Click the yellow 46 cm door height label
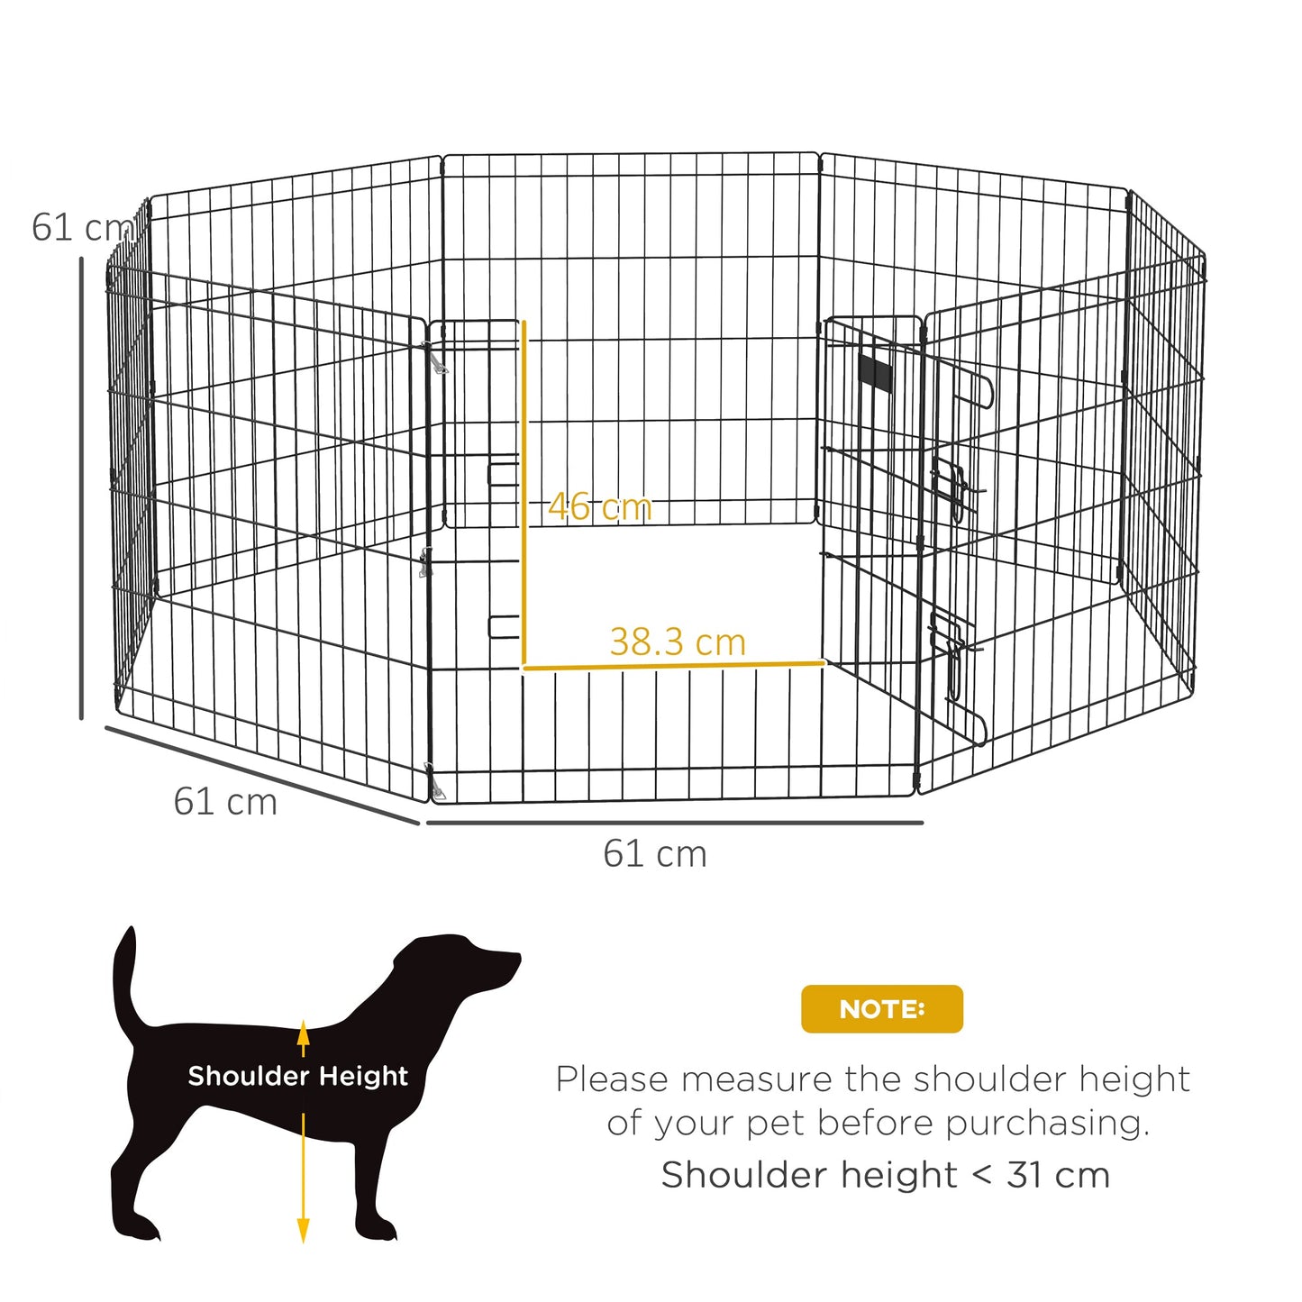599,507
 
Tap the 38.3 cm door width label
678,642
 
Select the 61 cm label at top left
79,228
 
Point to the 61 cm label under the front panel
655,854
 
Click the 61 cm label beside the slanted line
225,802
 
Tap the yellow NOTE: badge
881,1009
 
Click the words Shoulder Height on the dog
297,1076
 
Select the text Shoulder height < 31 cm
885,1175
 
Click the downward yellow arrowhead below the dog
304,1230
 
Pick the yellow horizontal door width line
673,667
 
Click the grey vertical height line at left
81,487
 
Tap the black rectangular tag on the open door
874,372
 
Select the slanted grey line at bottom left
261,775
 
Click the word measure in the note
754,1079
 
